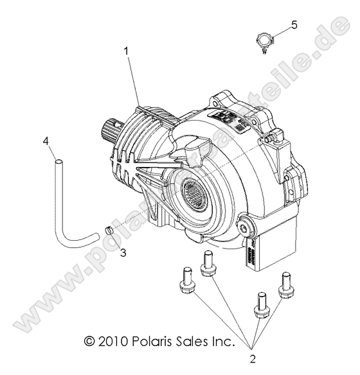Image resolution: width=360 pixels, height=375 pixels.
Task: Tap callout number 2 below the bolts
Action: (x=253, y=358)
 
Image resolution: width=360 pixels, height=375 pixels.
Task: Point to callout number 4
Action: (x=45, y=140)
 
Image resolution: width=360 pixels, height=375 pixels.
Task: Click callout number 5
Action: (x=294, y=25)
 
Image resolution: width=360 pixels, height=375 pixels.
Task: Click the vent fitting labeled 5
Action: (x=264, y=40)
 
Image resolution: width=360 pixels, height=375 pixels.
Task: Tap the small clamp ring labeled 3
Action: (x=110, y=230)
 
